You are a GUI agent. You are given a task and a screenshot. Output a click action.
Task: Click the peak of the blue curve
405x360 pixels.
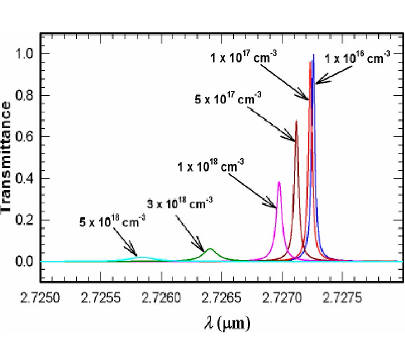[313, 55]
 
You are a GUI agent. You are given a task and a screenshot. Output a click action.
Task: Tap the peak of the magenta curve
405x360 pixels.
[279, 182]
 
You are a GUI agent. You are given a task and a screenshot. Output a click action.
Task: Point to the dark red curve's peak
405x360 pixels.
[296, 121]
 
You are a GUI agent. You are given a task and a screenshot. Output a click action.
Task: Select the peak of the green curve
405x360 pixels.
[210, 248]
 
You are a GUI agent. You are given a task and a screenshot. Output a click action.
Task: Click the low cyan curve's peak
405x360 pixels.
[142, 257]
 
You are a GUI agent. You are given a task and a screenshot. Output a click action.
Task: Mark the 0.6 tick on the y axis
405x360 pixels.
[28, 136]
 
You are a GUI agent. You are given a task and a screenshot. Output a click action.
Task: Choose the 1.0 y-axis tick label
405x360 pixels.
[28, 54]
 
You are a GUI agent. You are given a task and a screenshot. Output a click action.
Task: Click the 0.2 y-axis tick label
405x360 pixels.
[28, 220]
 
